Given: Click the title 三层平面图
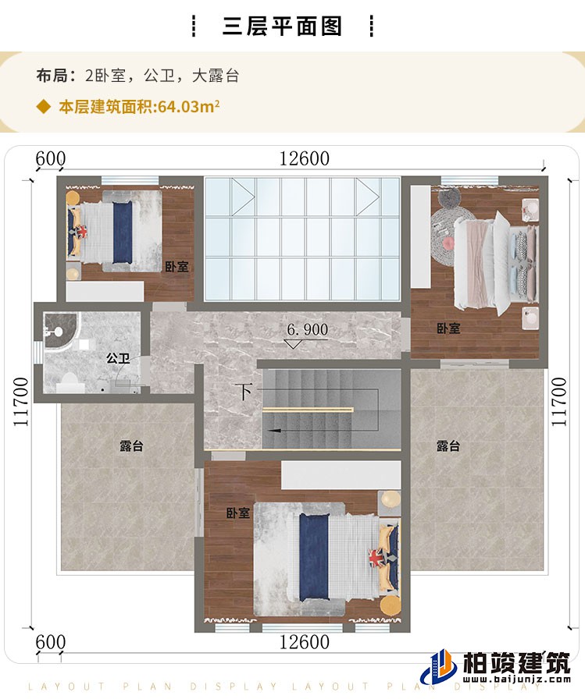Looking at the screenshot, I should click(283, 26).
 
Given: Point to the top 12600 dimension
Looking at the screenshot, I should click(304, 158).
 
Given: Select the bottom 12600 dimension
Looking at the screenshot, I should click(304, 642).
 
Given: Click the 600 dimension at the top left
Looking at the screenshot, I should click(50, 158).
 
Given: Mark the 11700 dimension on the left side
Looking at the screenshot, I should click(20, 401).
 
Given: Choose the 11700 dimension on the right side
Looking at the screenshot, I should click(558, 401).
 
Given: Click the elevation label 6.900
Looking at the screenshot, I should click(307, 330).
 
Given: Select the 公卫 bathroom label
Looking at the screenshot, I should click(117, 359).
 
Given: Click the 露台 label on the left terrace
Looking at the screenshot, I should click(131, 446).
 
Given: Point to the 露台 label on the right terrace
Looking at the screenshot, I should click(448, 446).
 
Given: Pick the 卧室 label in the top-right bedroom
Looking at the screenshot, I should click(448, 328).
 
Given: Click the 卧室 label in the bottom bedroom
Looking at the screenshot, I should click(237, 513).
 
